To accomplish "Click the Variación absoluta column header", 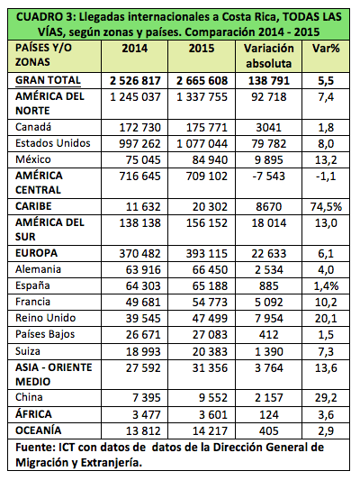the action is [269, 56].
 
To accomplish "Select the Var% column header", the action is [326, 49].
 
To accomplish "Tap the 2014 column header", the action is [135, 49].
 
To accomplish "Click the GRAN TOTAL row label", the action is [48, 80].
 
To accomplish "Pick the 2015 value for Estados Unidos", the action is [202, 143].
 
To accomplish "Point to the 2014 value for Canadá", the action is [140, 127].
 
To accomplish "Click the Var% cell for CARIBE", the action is [326, 206].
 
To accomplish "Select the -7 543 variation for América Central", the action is [269, 176].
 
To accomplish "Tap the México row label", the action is [33, 159].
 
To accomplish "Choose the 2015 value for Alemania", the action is [210, 269].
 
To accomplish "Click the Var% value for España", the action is [326, 285].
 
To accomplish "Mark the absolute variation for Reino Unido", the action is [269, 319].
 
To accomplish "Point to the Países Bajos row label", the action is [45, 334].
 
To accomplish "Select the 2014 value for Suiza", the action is [143, 352].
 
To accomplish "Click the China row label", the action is [29, 397].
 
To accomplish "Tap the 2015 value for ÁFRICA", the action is [213, 415].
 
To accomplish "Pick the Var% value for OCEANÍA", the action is [326, 431].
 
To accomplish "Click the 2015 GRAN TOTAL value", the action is [202, 81].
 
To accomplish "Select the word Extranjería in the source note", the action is [112, 462].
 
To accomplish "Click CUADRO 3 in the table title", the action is [45, 16].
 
